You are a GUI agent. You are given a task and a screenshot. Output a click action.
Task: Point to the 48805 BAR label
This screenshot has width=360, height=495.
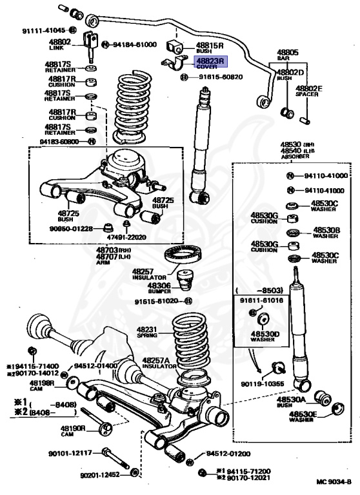[288, 54]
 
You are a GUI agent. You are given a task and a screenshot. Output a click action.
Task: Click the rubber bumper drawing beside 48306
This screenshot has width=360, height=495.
[186, 282]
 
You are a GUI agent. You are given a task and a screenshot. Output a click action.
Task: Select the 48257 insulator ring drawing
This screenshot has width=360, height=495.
[182, 256]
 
